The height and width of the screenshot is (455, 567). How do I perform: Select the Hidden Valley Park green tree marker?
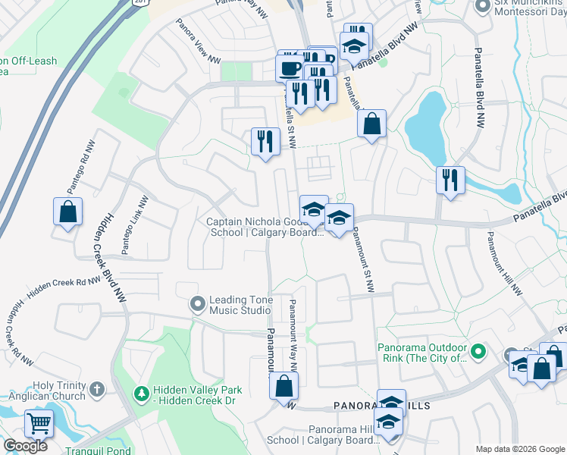click(141, 394)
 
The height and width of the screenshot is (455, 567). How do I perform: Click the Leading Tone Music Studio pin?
click(198, 304)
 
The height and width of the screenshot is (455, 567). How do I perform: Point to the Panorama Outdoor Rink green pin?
click(478, 352)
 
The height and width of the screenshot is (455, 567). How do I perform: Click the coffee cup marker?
click(290, 68)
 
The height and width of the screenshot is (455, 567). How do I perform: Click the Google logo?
click(25, 446)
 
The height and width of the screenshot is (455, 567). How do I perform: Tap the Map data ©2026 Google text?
click(519, 449)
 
